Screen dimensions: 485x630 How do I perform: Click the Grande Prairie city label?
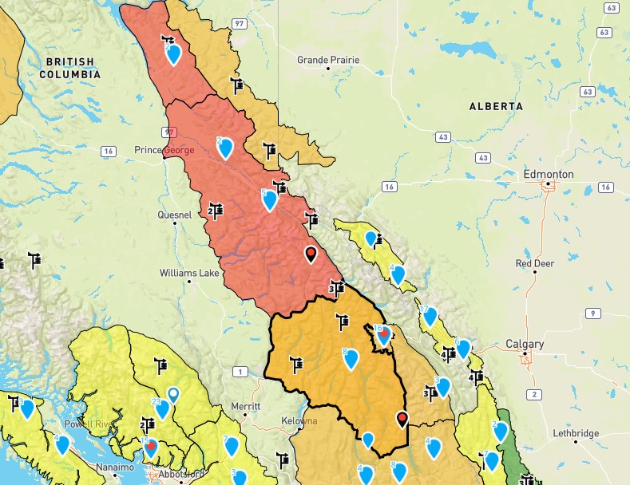[328, 60]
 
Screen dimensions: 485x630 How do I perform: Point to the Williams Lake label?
[188, 273]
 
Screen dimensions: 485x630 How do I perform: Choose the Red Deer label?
[535, 263]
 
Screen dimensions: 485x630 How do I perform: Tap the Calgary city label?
[525, 345]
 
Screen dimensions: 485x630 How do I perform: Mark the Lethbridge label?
[576, 433]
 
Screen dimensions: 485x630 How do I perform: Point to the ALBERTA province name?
[496, 106]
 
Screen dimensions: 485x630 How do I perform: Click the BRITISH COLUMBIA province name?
[70, 68]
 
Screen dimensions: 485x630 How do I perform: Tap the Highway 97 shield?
[239, 24]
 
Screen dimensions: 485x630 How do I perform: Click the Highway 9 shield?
[592, 313]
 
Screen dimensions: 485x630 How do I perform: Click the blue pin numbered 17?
[430, 315]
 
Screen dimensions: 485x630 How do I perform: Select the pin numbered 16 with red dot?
[382, 333]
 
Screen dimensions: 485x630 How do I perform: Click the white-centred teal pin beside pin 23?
[173, 394]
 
